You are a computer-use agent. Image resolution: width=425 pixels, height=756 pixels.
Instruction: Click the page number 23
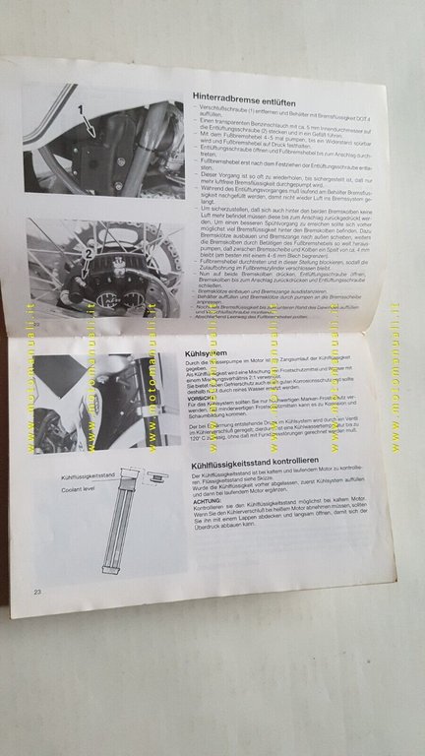point(37,591)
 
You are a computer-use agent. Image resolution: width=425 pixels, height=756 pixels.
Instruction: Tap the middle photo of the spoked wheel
point(103,271)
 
